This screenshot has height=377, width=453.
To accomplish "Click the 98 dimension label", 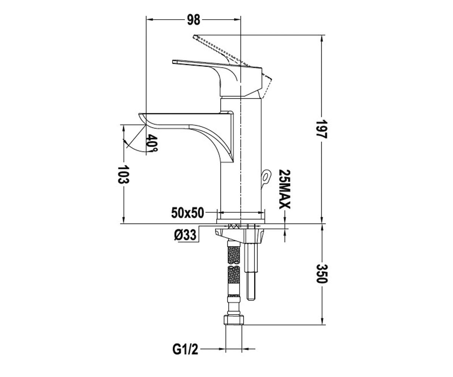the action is pos(194,20).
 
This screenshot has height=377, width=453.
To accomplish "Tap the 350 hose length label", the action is pos(322,274).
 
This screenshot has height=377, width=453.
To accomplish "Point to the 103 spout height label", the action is pos(123,175).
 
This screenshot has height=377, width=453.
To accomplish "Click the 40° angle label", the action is pos(152,143).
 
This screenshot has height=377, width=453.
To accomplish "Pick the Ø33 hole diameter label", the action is pos(185,234).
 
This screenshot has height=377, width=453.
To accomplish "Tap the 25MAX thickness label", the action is pos(284,189).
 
